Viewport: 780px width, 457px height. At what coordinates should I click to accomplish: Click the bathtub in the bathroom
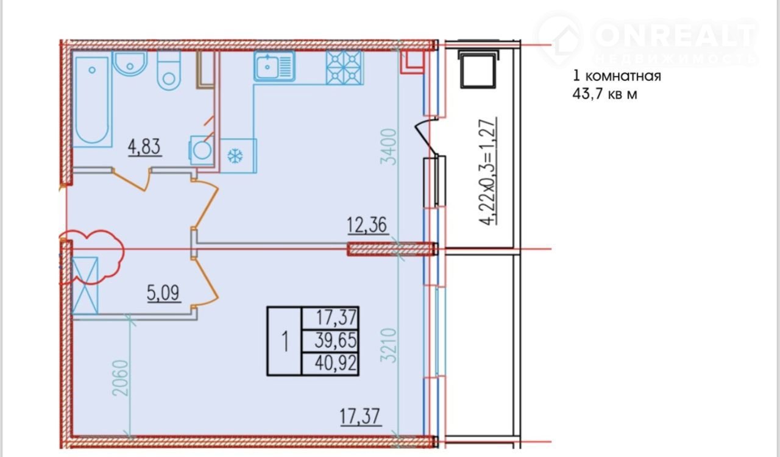(92, 101)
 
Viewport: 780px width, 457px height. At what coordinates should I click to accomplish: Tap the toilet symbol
(169, 71)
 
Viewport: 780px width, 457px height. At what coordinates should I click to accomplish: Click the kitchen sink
(274, 66)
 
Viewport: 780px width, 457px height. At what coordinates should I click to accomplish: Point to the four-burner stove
(344, 68)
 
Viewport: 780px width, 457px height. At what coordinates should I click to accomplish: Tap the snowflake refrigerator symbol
(235, 156)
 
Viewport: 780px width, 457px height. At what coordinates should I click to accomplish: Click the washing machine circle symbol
(202, 151)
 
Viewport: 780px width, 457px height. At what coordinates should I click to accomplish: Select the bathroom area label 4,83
(144, 147)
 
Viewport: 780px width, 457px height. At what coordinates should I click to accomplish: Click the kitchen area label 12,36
(367, 225)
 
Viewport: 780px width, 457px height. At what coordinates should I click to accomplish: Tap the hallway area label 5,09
(163, 293)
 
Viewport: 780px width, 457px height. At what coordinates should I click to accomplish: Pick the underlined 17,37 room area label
(360, 417)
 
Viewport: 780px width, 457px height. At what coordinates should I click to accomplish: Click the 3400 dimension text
(388, 147)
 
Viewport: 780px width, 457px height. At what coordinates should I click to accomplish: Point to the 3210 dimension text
(388, 345)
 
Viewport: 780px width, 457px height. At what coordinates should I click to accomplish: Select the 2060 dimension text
(121, 378)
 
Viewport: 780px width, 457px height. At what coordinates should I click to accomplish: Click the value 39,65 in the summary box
(336, 340)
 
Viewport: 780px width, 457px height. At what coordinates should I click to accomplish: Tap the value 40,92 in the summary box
(336, 364)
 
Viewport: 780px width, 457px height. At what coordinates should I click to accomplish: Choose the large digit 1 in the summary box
(285, 341)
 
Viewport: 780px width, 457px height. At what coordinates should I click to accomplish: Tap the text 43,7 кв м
(605, 94)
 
